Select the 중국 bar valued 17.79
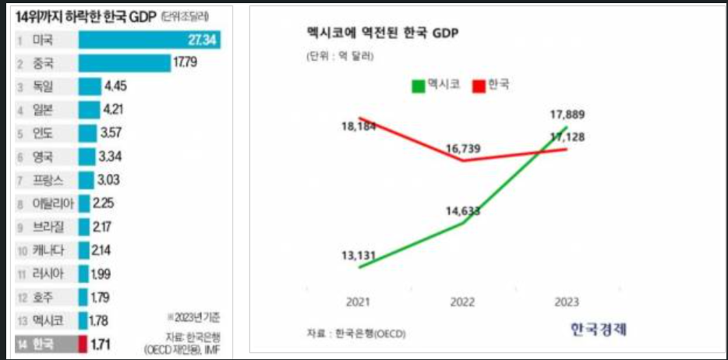click(125, 63)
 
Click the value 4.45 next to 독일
click(115, 86)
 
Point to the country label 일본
click(44, 110)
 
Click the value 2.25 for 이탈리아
click(104, 203)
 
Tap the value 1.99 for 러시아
click(101, 274)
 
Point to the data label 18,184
click(360, 125)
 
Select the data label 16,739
click(465, 147)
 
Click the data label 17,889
click(567, 115)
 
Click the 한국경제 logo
click(598, 330)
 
